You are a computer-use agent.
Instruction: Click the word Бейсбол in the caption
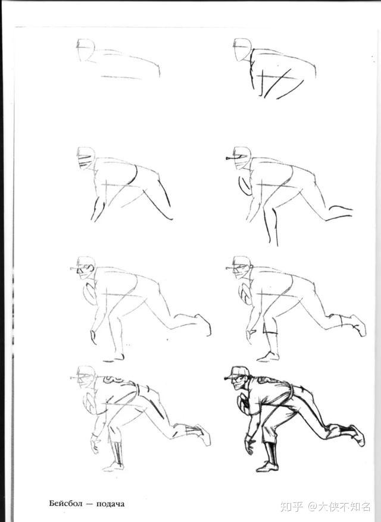(65, 503)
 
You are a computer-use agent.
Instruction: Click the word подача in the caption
(110, 504)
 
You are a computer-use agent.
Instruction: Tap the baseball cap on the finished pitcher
(236, 373)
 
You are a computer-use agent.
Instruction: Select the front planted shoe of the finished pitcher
(267, 467)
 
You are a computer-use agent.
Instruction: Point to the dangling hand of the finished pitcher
(249, 445)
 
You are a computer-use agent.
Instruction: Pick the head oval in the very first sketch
(85, 49)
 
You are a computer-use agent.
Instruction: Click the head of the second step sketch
(242, 49)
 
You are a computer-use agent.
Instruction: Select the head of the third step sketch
(85, 158)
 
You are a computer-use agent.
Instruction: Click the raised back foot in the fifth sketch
(204, 324)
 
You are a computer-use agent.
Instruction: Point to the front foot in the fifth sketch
(114, 359)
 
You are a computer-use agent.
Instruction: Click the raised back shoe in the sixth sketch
(358, 325)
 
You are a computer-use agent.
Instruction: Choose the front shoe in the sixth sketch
(268, 357)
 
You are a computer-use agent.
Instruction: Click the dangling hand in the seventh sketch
(95, 444)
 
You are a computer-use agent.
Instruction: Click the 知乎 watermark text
(291, 507)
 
